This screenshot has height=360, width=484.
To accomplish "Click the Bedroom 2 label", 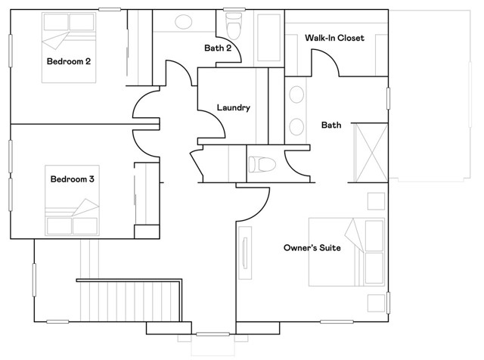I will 69,61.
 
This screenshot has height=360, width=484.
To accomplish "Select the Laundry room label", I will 233,107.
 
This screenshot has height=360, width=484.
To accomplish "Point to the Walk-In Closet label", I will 334,37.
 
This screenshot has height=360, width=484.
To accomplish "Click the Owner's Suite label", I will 317,247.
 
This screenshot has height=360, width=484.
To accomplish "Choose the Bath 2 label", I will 217,48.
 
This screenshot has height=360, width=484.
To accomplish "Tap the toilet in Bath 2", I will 234,26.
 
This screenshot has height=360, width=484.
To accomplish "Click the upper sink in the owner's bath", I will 297,95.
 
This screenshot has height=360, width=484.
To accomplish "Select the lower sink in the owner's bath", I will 297,126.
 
